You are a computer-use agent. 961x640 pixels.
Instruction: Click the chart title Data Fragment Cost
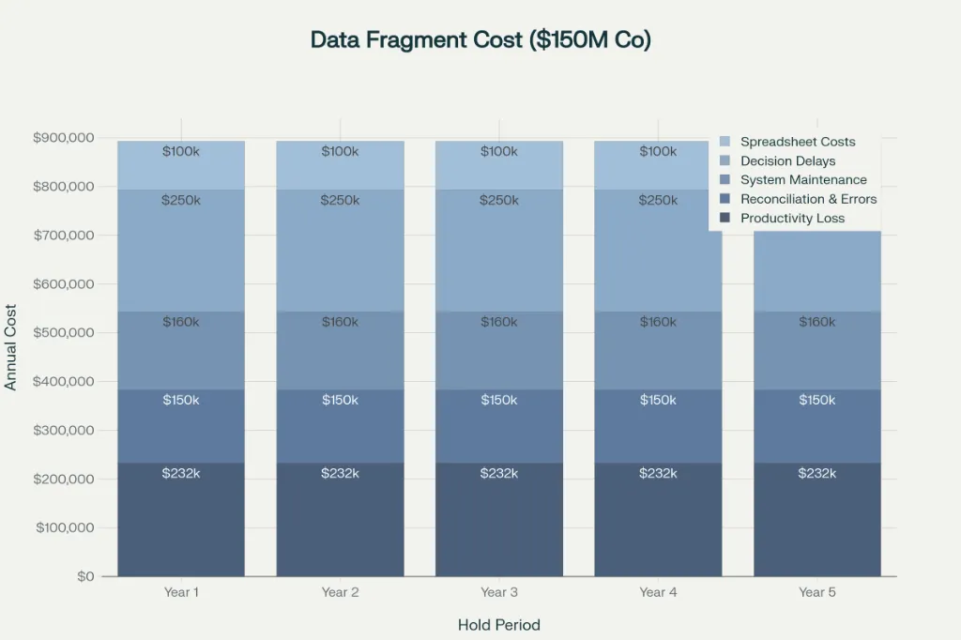(480, 40)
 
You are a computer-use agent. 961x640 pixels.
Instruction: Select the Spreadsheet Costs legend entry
(797, 142)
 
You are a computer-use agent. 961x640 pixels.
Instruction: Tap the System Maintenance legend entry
(802, 180)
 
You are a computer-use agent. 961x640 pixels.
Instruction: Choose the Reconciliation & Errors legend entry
(807, 199)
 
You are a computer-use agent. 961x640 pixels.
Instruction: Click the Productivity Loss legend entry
(791, 219)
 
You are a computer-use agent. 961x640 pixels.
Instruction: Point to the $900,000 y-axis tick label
(63, 138)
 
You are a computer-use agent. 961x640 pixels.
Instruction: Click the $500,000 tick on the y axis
(63, 333)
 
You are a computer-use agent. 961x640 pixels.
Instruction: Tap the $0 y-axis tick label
(85, 576)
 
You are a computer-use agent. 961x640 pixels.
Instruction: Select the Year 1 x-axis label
(181, 592)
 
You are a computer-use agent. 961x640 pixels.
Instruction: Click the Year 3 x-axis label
(499, 592)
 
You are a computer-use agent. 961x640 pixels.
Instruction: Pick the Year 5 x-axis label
(817, 592)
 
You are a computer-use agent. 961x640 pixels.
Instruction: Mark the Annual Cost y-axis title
(11, 347)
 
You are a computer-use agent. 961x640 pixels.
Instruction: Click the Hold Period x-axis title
(499, 625)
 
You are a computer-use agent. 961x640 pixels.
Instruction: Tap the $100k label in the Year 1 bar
(181, 151)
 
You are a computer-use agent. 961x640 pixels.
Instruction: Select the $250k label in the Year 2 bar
(340, 200)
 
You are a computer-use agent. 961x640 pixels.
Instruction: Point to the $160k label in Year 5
(817, 322)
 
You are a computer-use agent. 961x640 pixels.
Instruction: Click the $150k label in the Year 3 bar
(499, 400)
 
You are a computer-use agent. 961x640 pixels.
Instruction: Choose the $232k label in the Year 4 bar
(658, 473)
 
